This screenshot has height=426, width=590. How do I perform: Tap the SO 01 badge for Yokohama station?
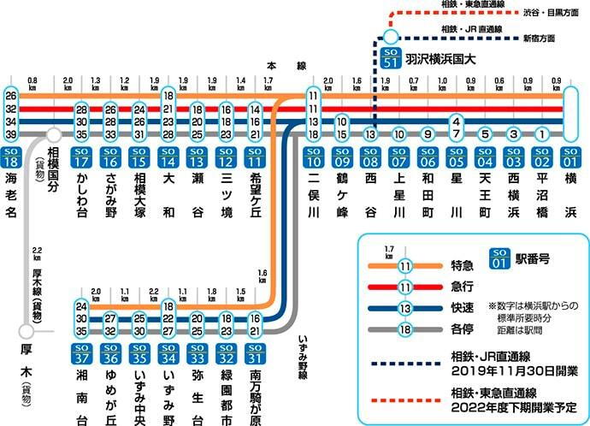(569, 157)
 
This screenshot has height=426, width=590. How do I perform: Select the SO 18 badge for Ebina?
(12, 157)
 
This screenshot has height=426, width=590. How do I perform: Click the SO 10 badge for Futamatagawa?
(314, 157)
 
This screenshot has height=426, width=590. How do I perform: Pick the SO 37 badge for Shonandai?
(82, 353)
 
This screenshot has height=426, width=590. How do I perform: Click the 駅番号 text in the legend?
(531, 256)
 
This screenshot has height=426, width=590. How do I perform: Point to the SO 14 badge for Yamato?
(168, 157)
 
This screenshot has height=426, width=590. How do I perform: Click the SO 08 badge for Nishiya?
(371, 157)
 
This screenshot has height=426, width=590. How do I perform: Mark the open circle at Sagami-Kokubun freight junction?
(54, 134)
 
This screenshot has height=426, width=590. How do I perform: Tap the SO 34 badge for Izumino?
(168, 353)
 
